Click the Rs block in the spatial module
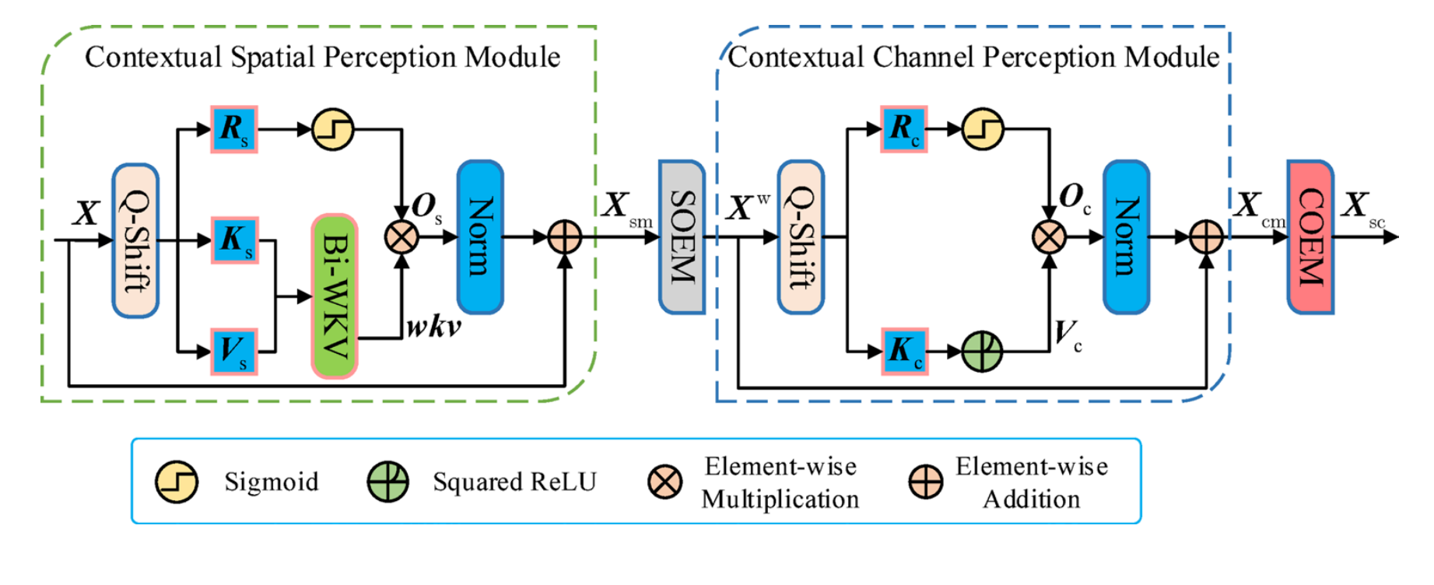tap(233, 129)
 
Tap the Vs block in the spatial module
tap(233, 352)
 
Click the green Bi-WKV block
tap(335, 296)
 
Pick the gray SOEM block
tap(682, 237)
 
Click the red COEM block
tap(1310, 237)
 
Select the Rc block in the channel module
tap(903, 129)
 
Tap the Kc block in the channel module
tap(904, 352)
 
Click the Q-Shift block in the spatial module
tap(135, 240)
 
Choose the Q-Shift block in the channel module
tap(801, 237)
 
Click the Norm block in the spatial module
tap(480, 237)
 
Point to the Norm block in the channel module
tap(1126, 237)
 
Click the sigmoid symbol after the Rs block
tap(333, 129)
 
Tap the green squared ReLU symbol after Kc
tap(982, 352)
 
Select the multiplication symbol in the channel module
tap(1049, 237)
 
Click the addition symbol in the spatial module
tap(565, 237)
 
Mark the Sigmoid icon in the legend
tap(177, 482)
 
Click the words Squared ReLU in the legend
tap(514, 482)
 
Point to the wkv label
tap(433, 328)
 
